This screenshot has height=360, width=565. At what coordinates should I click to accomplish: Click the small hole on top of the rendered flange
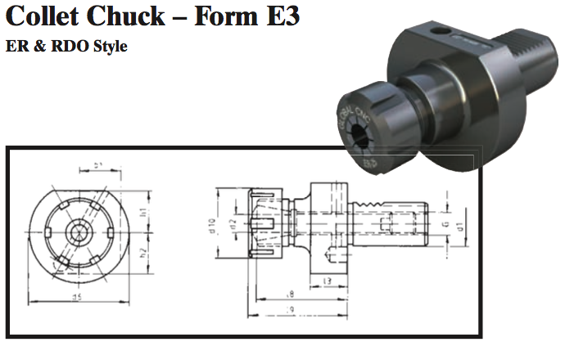coord(444,31)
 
